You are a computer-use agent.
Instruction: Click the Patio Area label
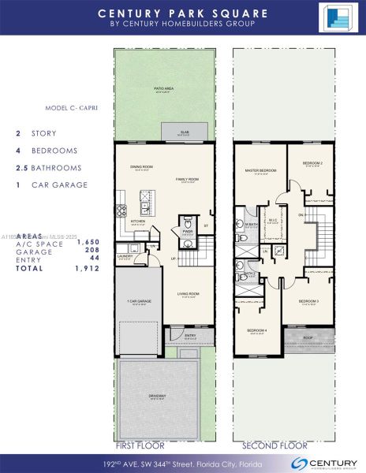tap(164, 90)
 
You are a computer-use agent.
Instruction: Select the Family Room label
tap(186, 181)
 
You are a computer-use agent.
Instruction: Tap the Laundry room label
tap(125, 256)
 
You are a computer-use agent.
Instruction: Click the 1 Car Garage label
tap(139, 301)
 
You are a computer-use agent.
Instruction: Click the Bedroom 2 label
tap(312, 163)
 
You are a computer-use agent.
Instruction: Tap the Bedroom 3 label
tap(308, 301)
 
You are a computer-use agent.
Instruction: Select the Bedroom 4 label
tap(256, 330)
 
